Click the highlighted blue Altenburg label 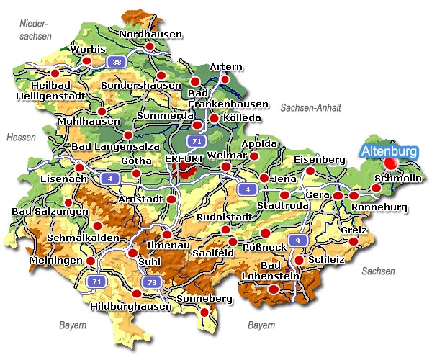(x=390, y=151)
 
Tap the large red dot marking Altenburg (x=391, y=164)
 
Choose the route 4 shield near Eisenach (x=109, y=177)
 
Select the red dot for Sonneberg (x=205, y=312)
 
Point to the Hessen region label (x=20, y=137)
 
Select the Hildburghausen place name (x=132, y=306)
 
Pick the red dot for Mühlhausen (x=102, y=111)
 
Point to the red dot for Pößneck (x=266, y=233)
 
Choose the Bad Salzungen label (x=50, y=212)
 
